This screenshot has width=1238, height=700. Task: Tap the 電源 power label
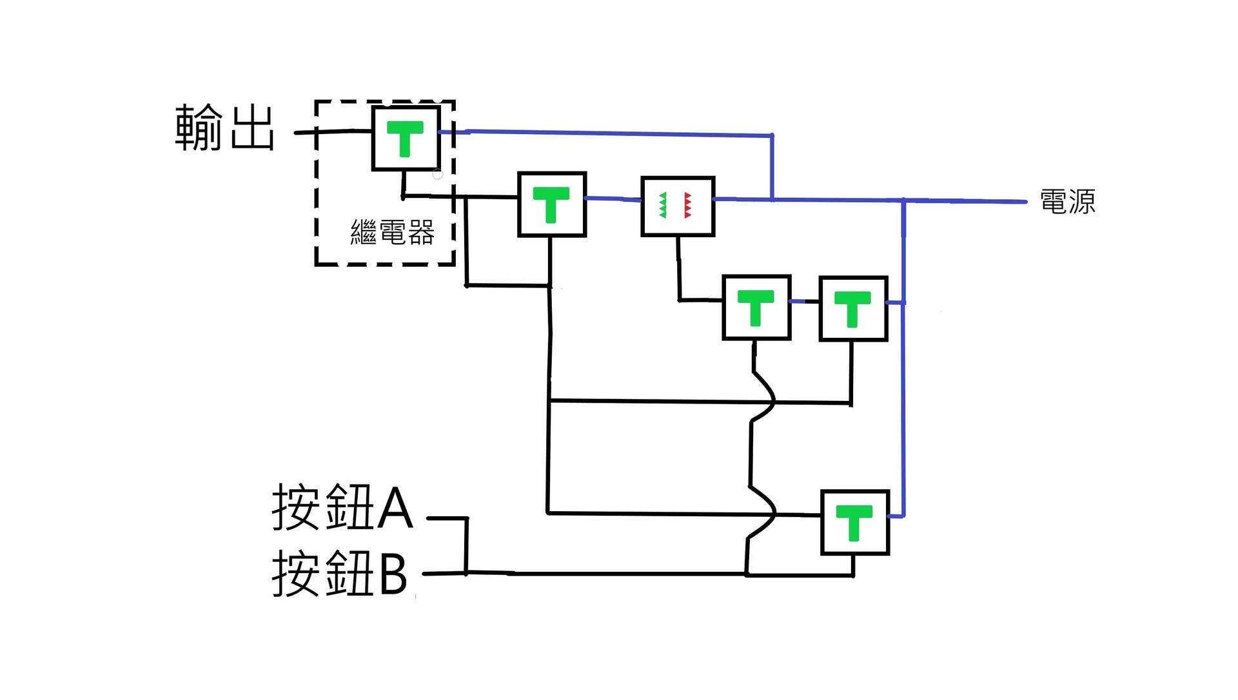pyautogui.click(x=1067, y=202)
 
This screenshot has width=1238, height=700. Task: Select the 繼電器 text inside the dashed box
pyautogui.click(x=392, y=232)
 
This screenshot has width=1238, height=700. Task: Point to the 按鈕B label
pyautogui.click(x=339, y=573)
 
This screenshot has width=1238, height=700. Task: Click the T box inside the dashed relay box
pyautogui.click(x=406, y=139)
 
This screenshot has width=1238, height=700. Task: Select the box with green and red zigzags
pyautogui.click(x=678, y=206)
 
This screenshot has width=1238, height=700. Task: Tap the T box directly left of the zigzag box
pyautogui.click(x=552, y=204)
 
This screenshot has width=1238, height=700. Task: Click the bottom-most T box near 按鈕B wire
pyautogui.click(x=855, y=523)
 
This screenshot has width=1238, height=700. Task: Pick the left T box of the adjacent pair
pyautogui.click(x=756, y=307)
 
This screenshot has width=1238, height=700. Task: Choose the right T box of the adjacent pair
pyautogui.click(x=853, y=309)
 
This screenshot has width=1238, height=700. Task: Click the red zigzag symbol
pyautogui.click(x=687, y=205)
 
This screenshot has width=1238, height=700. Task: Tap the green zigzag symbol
pyautogui.click(x=663, y=205)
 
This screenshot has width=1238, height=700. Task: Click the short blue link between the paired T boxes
pyautogui.click(x=805, y=301)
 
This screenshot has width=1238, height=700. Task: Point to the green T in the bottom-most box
pyautogui.click(x=854, y=521)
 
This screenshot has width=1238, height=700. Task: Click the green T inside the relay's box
pyautogui.click(x=405, y=138)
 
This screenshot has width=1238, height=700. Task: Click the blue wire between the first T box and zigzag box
pyautogui.click(x=613, y=199)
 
